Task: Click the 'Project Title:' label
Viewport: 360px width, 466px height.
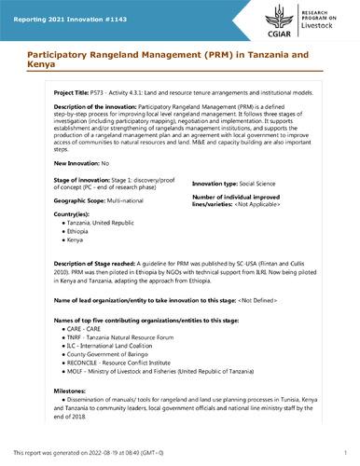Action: pos(53,94)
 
